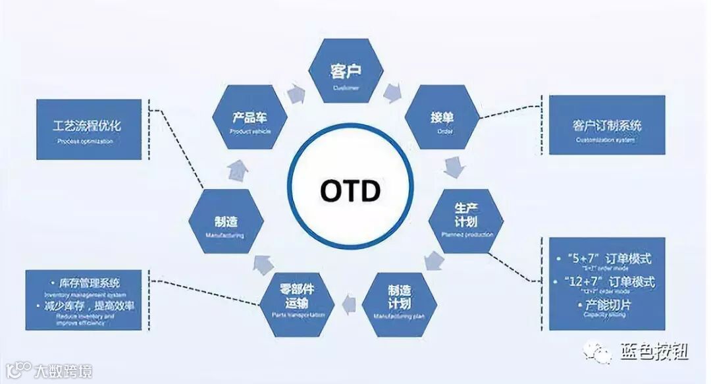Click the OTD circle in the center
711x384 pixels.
(x=351, y=190)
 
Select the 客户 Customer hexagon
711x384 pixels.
(x=346, y=72)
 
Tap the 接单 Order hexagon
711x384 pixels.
(x=442, y=120)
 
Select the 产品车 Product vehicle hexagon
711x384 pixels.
(x=250, y=120)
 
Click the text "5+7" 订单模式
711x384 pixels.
(x=608, y=259)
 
